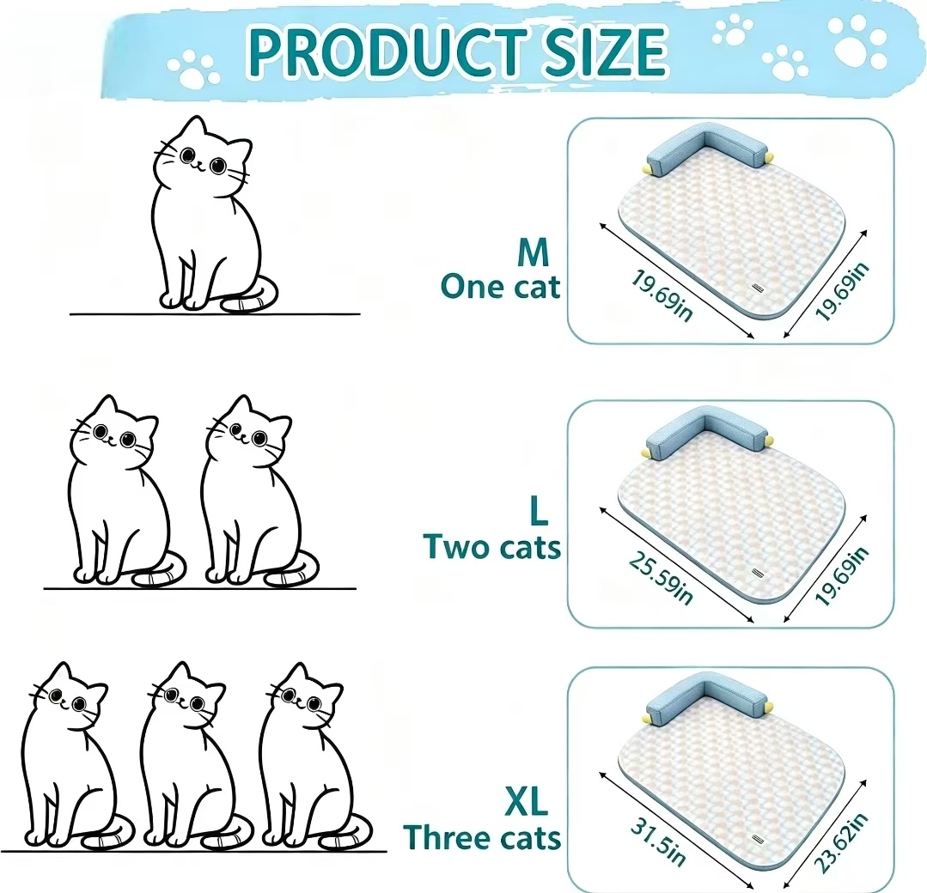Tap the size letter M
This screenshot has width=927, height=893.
[534, 252]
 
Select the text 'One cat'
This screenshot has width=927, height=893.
[500, 288]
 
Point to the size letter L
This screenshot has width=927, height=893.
[539, 511]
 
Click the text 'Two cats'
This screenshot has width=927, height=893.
[492, 547]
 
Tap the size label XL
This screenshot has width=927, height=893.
[526, 801]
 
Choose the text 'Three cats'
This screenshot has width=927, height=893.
[482, 838]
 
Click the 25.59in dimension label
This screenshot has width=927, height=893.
[661, 578]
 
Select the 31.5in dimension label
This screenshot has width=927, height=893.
[658, 842]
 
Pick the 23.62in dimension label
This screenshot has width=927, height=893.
[841, 842]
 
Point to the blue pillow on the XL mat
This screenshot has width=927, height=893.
[703, 701]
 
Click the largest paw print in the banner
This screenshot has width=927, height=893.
[857, 41]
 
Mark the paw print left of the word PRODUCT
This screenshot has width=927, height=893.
[192, 70]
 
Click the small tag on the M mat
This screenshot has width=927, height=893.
[758, 288]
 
